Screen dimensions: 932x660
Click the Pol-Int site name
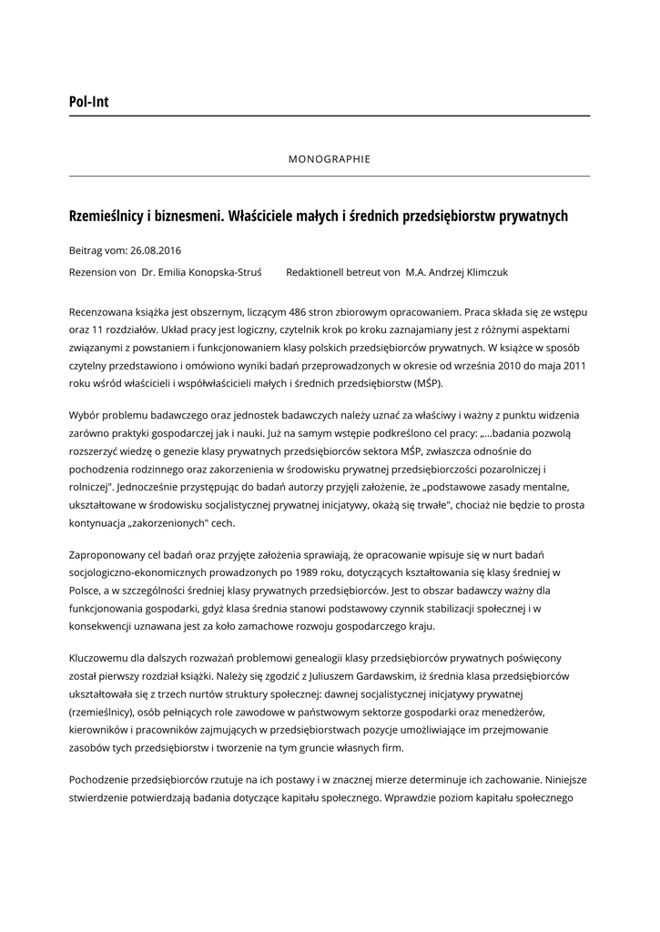pyautogui.click(x=88, y=102)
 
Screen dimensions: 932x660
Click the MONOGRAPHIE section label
pyautogui.click(x=330, y=158)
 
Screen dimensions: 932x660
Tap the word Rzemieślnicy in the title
pyautogui.click(x=107, y=216)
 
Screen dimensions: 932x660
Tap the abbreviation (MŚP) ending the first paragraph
pyautogui.click(x=421, y=382)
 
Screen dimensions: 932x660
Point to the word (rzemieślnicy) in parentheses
pyautogui.click(x=102, y=712)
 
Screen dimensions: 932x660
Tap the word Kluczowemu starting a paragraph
pyautogui.click(x=104, y=657)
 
